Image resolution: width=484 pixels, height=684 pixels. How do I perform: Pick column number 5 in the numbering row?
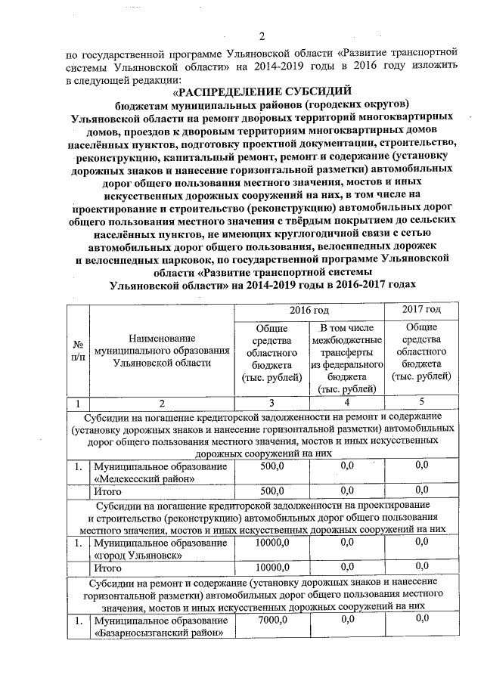(422, 402)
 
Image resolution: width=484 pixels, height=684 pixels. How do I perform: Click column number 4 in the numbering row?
(347, 402)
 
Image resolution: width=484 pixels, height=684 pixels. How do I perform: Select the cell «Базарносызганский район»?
(160, 627)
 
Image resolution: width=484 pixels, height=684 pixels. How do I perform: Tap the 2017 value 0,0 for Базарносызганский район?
(422, 621)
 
